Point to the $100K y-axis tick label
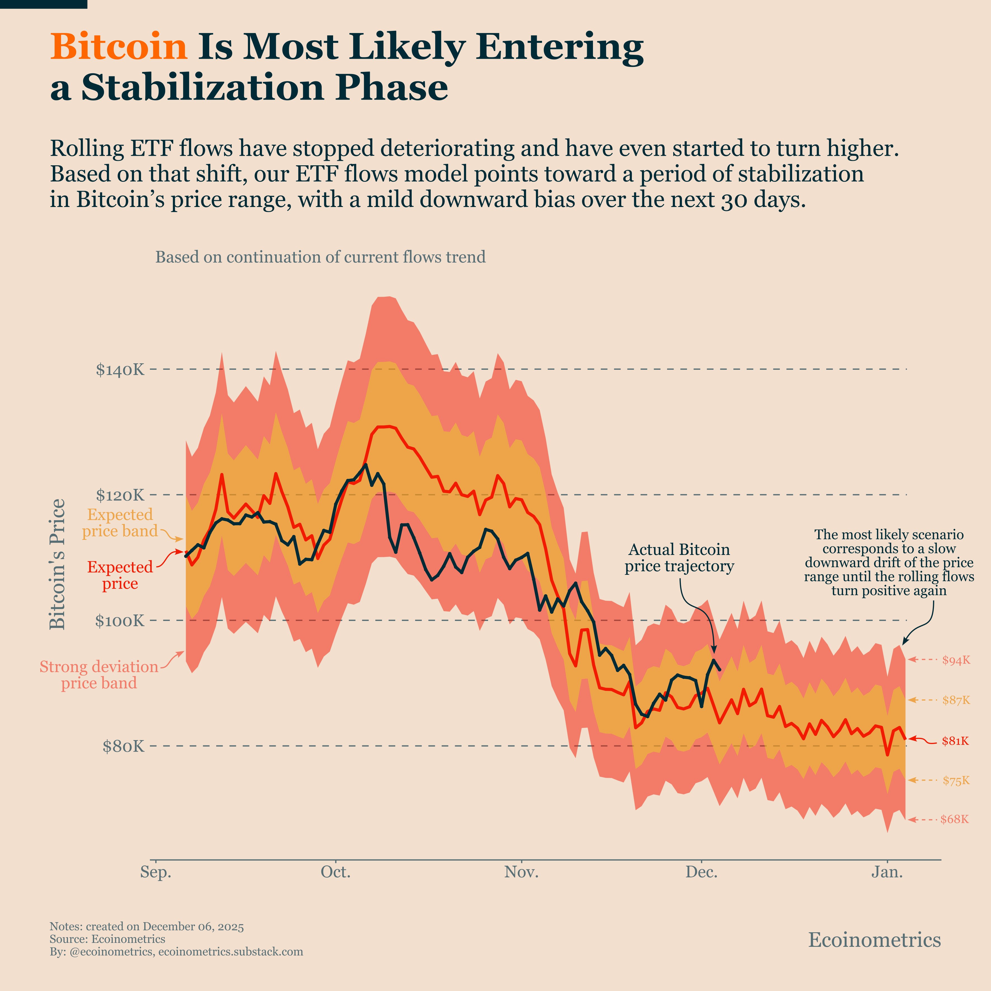tap(120, 621)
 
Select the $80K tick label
tap(124, 746)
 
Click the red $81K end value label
tap(955, 741)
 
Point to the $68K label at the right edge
tap(955, 819)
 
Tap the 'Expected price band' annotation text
tap(120, 523)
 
